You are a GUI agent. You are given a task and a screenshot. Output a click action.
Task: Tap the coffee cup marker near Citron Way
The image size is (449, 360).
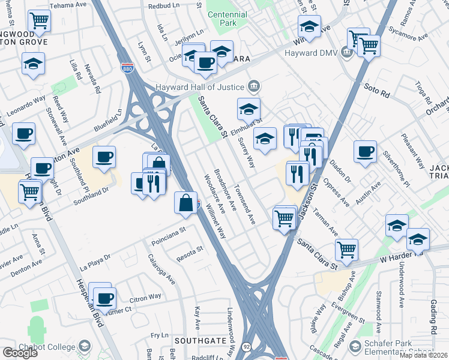pyautogui.click(x=106, y=298)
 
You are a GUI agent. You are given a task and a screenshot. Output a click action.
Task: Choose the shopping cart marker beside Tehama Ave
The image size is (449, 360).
pyautogui.click(x=39, y=20)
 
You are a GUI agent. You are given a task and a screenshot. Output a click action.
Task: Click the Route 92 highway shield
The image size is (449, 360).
pyautogui.click(x=246, y=346)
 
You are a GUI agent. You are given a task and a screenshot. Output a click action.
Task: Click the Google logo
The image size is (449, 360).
pyautogui.click(x=20, y=353)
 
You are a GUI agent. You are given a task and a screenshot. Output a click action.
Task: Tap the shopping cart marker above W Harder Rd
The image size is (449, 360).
pyautogui.click(x=346, y=249)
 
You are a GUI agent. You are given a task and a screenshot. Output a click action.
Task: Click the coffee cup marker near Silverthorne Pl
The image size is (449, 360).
pyautogui.click(x=364, y=152)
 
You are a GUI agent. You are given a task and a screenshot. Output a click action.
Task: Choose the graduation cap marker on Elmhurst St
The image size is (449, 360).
pyautogui.click(x=249, y=109)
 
